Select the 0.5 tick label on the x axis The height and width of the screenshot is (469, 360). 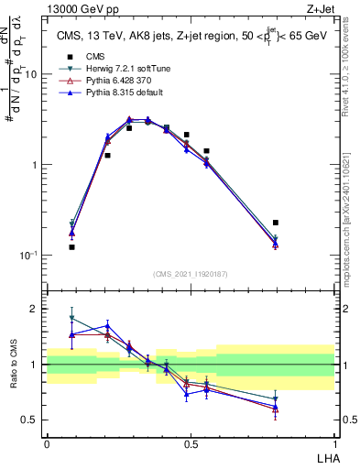point(191,444)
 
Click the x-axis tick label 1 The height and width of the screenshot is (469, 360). point(334,444)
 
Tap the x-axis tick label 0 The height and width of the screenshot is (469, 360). point(47,444)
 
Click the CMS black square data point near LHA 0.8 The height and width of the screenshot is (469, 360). point(276,223)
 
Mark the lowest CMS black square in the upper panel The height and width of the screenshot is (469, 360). point(72,247)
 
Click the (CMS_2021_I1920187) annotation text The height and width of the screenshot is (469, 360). point(191,274)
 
